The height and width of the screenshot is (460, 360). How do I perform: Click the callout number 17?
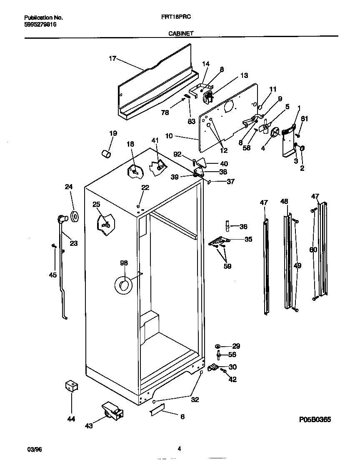112,59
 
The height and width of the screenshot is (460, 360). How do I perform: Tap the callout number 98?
124,263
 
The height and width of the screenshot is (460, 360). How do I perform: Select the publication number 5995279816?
40,25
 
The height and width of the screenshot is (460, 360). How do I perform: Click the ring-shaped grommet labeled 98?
123,285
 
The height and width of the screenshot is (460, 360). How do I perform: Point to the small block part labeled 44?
71,386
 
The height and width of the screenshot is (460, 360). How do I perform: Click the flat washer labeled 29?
218,346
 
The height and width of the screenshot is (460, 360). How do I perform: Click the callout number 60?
313,250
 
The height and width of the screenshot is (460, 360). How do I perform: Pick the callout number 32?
195,399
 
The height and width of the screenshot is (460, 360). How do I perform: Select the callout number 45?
52,275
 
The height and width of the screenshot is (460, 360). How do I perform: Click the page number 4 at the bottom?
179,449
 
